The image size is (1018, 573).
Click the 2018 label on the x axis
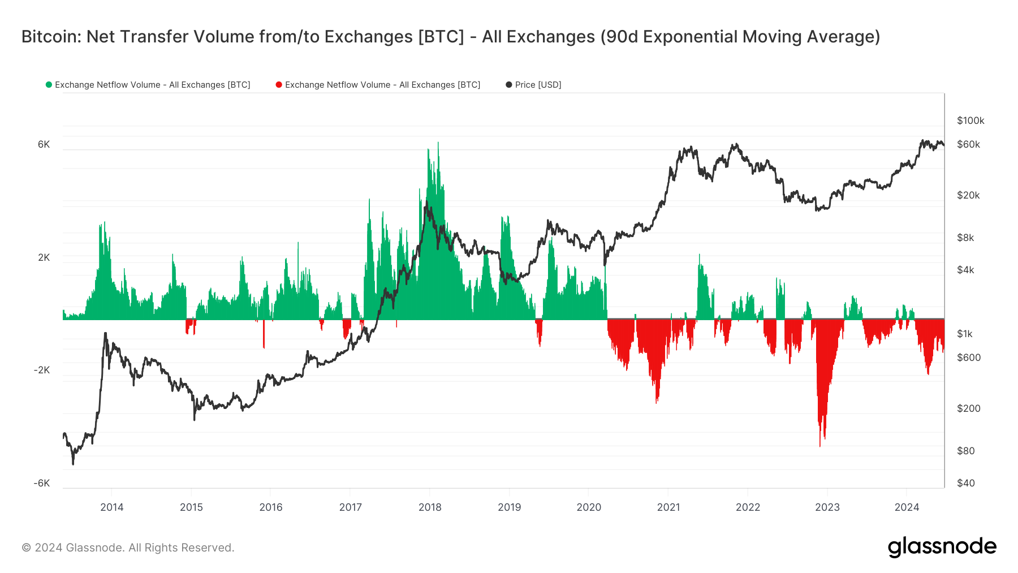(430, 507)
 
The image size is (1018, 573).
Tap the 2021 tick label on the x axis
(668, 507)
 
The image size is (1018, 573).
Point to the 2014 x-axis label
(112, 507)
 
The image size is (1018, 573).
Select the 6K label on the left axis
(44, 144)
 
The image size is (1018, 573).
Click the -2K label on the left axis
(42, 370)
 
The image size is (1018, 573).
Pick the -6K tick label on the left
(42, 483)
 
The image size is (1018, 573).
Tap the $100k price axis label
(970, 120)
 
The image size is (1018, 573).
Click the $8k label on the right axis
(965, 238)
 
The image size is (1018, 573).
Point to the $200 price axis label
(968, 408)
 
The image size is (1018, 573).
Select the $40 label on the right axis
(966, 483)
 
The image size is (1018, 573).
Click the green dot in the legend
(49, 85)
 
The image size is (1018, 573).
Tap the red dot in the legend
(279, 85)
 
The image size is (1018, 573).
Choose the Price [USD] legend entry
(538, 85)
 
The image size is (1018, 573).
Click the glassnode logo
(942, 547)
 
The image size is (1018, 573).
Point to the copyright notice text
(128, 548)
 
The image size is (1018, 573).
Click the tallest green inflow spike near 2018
(438, 144)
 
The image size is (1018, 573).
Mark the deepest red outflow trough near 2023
(819, 445)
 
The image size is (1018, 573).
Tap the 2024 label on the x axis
(907, 507)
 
